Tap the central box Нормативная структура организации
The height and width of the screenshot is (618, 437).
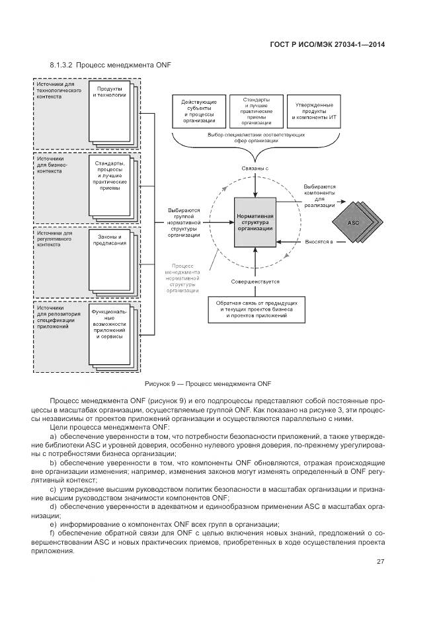coord(255,222)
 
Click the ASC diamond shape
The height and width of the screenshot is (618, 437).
coord(352,223)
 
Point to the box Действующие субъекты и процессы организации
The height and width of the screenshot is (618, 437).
coord(196,110)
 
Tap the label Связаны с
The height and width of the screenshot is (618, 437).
coord(255,169)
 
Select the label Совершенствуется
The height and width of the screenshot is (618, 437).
coord(255,282)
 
